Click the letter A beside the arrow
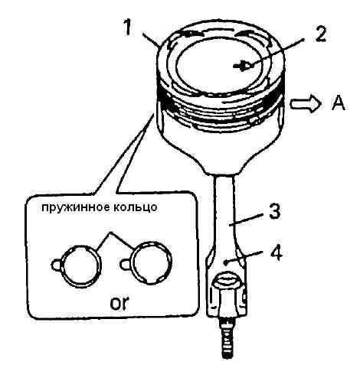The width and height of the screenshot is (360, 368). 339,104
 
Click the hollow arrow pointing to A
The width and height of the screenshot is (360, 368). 306,105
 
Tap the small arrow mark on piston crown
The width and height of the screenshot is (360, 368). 244,67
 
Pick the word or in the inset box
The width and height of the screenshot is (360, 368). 119,303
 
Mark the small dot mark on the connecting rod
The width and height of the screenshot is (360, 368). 225,262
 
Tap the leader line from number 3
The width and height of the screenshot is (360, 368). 246,219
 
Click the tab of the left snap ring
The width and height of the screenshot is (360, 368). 57,265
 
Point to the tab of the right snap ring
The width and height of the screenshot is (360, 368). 125,263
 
